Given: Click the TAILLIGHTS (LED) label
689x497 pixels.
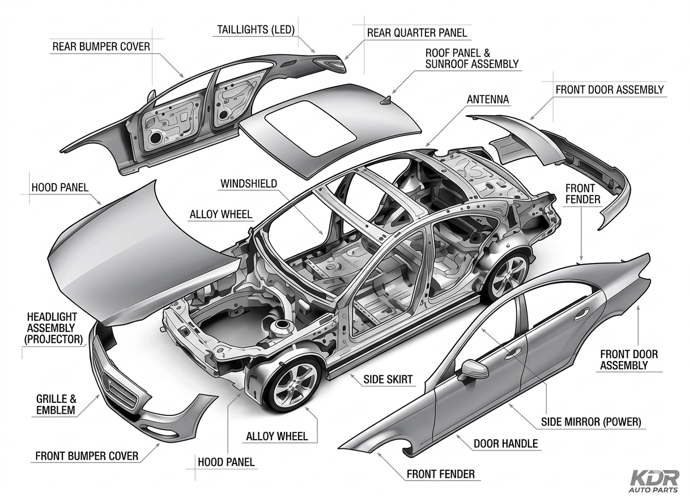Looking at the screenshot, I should pyautogui.click(x=255, y=29).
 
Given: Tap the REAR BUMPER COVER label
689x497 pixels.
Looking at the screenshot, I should pyautogui.click(x=101, y=46).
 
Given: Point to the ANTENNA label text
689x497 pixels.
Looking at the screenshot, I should pyautogui.click(x=488, y=100).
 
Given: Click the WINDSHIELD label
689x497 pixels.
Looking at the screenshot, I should pyautogui.click(x=249, y=184).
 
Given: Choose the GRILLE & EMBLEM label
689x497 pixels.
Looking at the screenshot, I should pyautogui.click(x=56, y=404).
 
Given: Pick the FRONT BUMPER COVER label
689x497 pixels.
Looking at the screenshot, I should pyautogui.click(x=87, y=456).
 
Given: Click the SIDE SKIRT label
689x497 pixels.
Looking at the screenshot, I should pyautogui.click(x=388, y=380).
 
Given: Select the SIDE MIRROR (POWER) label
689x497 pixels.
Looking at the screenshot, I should pyautogui.click(x=591, y=422).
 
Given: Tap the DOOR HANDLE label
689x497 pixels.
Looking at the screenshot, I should pyautogui.click(x=505, y=443).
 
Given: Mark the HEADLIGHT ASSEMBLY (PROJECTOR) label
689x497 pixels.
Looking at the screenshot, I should pyautogui.click(x=54, y=328).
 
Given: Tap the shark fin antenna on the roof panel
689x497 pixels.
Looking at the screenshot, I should pyautogui.click(x=387, y=100).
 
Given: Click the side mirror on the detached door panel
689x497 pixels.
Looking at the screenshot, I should pyautogui.click(x=474, y=369).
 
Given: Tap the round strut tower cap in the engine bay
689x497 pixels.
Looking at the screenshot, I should pyautogui.click(x=281, y=326).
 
